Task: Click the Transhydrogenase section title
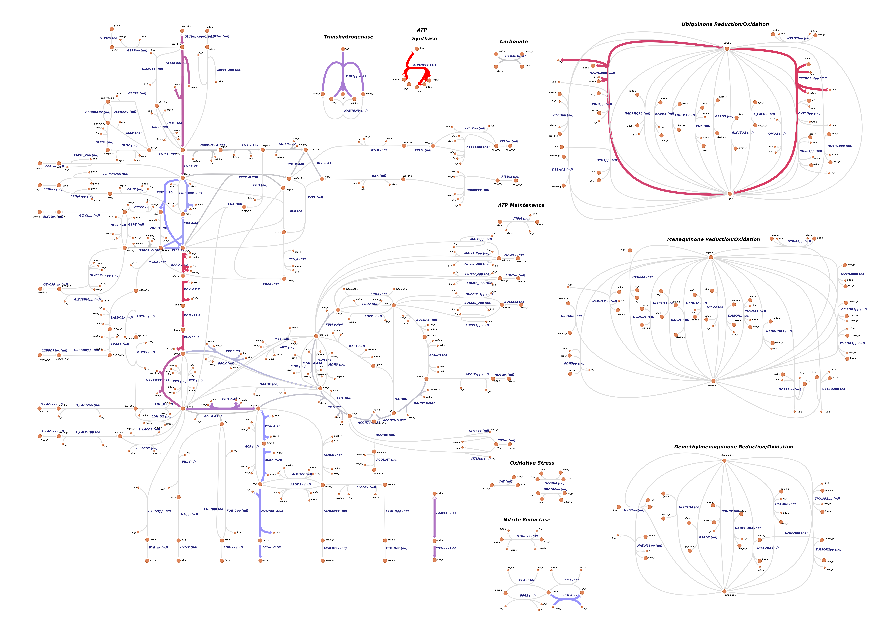click(348, 37)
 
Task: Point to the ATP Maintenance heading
click(521, 205)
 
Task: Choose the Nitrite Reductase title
click(527, 520)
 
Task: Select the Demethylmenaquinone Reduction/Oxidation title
click(733, 447)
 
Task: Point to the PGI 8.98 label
click(191, 166)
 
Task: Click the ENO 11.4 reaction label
click(191, 338)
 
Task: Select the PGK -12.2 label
click(192, 289)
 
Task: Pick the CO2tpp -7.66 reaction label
click(446, 513)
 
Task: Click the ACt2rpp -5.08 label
click(272, 511)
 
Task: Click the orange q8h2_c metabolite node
click(727, 49)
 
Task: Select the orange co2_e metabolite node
click(434, 560)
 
